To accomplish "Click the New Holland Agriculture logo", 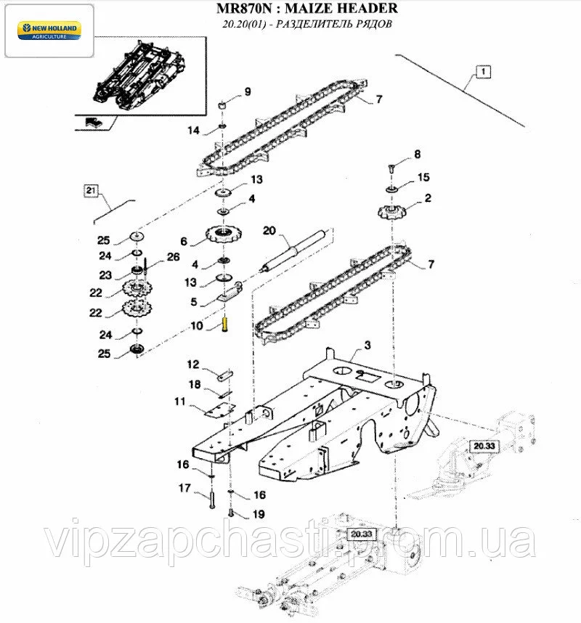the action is coord(49,31).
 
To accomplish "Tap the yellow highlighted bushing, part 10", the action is coord(225,323).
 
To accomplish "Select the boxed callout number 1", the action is coord(483,72).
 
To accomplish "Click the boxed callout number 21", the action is coord(92,191).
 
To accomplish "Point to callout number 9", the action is coord(248,91).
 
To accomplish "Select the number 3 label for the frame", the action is coord(367,345).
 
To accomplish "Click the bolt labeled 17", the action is coord(211,500).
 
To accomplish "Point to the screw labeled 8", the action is coord(391,168).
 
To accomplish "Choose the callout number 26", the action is coord(174,256).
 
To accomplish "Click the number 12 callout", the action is coord(193,364).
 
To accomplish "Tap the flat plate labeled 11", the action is coord(220,410).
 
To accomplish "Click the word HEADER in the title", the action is coord(366,8).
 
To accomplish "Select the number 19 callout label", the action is coord(259,514).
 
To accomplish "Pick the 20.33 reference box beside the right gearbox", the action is coord(484,446).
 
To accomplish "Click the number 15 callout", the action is coord(423,177).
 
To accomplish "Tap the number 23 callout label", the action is coord(105,275).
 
